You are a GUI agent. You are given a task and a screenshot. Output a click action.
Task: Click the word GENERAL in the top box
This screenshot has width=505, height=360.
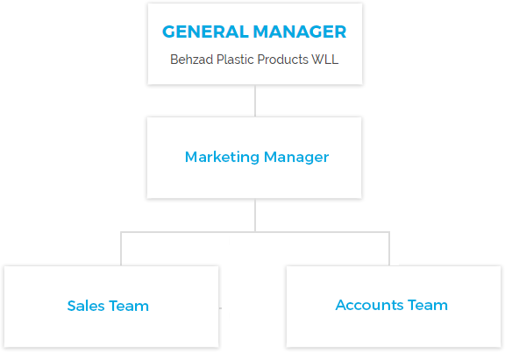tap(205, 32)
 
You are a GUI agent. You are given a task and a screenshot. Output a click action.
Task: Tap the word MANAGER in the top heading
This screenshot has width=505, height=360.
tap(300, 32)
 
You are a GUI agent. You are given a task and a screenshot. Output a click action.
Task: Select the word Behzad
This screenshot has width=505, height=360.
tap(192, 60)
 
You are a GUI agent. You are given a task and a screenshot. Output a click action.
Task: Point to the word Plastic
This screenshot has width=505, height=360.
tap(236, 60)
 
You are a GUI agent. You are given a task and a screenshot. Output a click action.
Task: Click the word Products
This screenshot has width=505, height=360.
tap(283, 60)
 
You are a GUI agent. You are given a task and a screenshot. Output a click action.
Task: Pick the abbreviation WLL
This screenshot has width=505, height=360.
tap(325, 60)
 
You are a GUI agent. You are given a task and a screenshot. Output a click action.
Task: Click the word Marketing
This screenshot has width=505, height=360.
tap(222, 158)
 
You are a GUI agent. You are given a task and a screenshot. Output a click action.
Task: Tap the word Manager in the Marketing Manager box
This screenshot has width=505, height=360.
tap(296, 158)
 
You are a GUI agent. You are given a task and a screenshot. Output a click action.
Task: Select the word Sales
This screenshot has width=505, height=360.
tap(86, 306)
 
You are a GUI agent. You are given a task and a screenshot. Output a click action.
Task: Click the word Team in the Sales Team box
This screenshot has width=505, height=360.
tap(129, 306)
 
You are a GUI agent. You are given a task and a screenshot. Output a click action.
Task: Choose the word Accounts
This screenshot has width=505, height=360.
tap(369, 305)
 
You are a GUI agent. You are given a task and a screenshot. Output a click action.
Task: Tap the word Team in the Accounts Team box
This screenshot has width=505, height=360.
tap(428, 305)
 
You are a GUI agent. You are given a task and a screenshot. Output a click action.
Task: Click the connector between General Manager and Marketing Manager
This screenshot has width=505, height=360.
tap(255, 101)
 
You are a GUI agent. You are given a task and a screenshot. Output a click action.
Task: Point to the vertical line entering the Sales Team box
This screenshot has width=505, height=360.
tap(121, 249)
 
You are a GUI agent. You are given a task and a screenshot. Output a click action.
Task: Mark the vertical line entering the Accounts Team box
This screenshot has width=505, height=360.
tap(389, 249)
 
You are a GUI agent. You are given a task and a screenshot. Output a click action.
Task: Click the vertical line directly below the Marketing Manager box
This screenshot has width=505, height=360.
tap(255, 215)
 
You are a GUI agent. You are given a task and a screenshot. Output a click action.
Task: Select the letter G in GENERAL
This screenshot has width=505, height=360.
tap(169, 32)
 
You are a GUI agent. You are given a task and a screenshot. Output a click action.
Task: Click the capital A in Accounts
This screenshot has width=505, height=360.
tap(341, 305)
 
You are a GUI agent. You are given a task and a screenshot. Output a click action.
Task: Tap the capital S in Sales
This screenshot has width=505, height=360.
tap(72, 306)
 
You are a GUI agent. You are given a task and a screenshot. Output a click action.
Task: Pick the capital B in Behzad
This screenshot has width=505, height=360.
tap(174, 60)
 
